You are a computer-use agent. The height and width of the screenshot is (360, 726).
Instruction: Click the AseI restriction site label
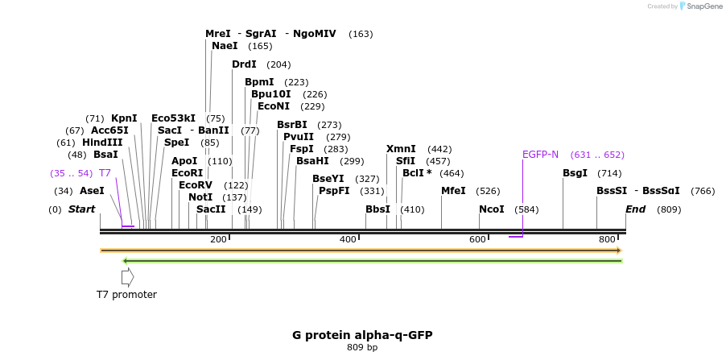92,191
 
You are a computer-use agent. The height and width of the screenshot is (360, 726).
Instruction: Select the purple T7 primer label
105,173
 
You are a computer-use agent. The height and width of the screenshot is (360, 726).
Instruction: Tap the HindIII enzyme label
102,143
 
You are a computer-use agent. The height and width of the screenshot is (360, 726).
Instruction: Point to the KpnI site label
124,118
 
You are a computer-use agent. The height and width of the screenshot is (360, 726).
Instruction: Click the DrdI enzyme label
244,64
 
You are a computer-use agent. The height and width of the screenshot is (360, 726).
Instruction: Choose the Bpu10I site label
271,94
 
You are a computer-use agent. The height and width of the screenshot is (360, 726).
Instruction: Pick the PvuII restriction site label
299,137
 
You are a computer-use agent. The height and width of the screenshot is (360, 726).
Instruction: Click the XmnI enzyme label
401,149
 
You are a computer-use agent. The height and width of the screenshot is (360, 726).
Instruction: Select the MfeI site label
454,191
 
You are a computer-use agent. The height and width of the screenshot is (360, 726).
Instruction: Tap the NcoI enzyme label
492,209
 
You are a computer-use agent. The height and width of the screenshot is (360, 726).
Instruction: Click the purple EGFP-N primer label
540,155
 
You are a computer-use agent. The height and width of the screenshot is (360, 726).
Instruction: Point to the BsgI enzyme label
575,173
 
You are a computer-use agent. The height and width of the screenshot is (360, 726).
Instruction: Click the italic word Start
82,209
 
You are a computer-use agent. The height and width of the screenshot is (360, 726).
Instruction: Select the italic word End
636,209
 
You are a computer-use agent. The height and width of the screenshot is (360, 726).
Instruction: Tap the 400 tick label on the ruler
348,239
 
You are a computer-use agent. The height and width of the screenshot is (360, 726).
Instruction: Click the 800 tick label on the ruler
607,239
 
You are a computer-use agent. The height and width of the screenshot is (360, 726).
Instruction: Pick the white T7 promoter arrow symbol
127,277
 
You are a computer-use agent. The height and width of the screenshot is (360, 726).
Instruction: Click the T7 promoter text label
126,295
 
